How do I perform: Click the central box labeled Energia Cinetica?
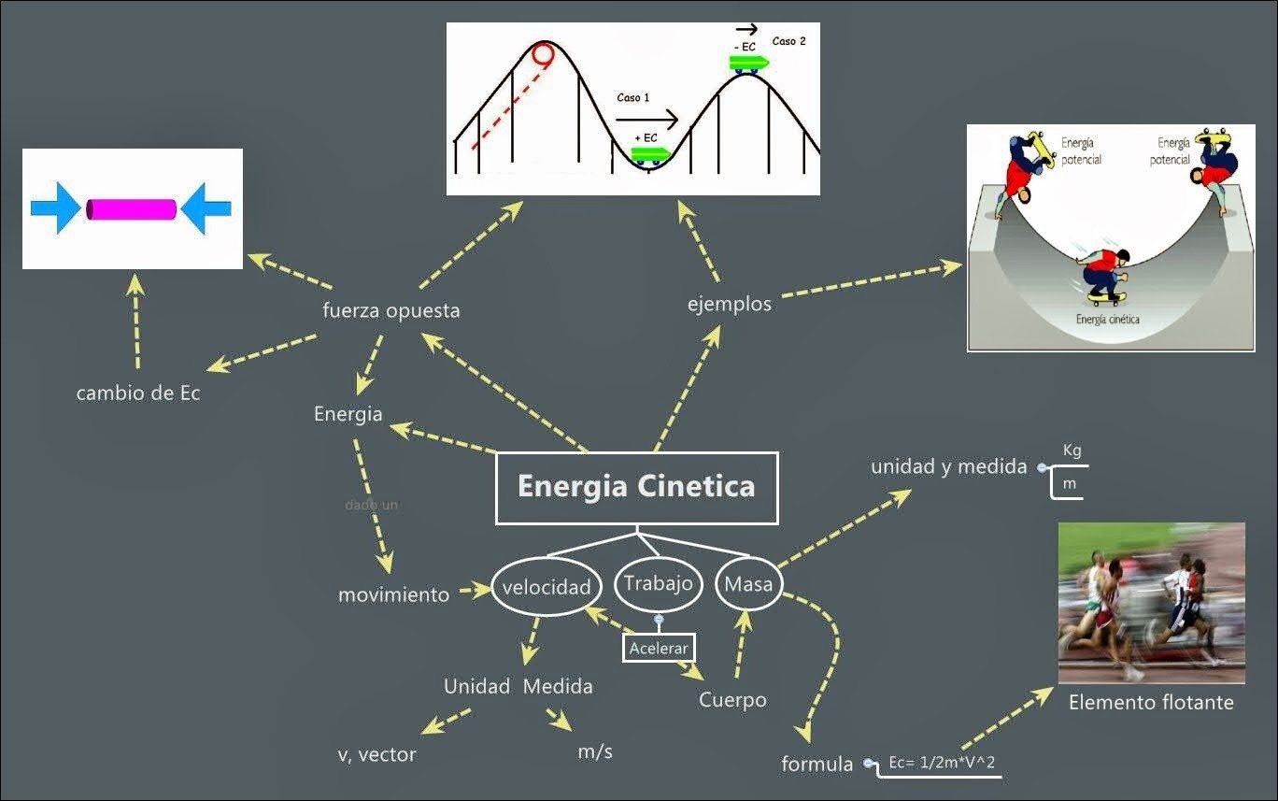[x=636, y=488]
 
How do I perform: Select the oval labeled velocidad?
[x=546, y=587]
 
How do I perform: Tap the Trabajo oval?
[x=659, y=583]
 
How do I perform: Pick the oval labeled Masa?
[x=749, y=584]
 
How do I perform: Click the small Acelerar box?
[x=659, y=648]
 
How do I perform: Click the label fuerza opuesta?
[x=390, y=310]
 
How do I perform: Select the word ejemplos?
[x=730, y=304]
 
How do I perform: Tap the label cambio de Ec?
[x=138, y=393]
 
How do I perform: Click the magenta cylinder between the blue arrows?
[x=132, y=209]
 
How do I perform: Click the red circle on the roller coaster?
[x=542, y=54]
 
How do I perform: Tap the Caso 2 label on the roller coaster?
[x=788, y=42]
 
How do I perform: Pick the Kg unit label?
[x=1072, y=451]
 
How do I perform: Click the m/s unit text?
[x=595, y=751]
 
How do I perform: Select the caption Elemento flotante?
[x=1151, y=702]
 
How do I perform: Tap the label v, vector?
[x=376, y=754]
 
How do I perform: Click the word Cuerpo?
[x=732, y=699]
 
